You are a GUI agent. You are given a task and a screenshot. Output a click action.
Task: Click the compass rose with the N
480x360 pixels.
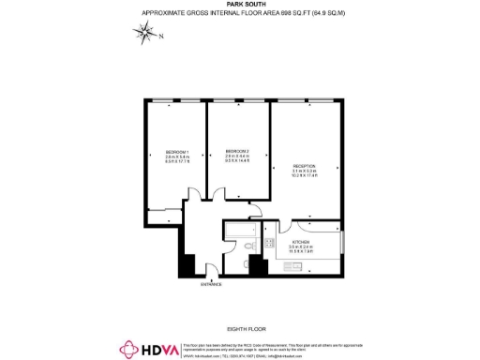coord(145,35)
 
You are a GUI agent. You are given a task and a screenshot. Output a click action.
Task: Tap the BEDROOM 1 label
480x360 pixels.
coord(177,153)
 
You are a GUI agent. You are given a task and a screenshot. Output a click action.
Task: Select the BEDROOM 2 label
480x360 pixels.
coord(238,150)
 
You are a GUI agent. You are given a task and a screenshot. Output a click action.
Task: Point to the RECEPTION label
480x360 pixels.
coord(304,164)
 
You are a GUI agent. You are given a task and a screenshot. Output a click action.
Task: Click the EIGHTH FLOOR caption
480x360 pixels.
coord(239,328)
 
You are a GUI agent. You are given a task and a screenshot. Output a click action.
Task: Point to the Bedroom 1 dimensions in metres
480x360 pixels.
coord(177,157)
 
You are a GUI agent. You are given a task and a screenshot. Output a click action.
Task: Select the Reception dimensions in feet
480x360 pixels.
coord(304,176)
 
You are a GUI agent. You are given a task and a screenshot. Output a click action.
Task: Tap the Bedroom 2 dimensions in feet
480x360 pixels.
coord(238,161)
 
